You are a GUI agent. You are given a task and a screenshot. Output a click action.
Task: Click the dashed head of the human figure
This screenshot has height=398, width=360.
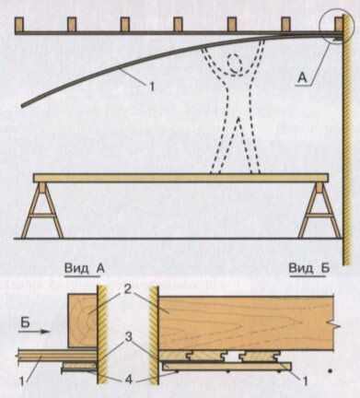[x=236, y=64]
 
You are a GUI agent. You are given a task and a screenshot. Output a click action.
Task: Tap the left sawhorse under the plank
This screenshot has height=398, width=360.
[x=43, y=210]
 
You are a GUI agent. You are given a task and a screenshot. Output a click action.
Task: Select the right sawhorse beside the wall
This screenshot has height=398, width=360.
[x=319, y=210]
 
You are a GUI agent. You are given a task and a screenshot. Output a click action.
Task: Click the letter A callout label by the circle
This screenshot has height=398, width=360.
[x=302, y=78]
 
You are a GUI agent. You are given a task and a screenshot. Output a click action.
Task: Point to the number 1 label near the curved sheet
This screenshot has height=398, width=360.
[x=151, y=86]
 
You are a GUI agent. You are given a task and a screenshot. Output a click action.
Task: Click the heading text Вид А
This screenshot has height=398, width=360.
[x=85, y=268]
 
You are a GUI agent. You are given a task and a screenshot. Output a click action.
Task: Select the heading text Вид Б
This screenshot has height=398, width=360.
[x=309, y=268]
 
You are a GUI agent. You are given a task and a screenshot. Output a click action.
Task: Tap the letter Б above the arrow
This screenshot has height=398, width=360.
[x=26, y=322]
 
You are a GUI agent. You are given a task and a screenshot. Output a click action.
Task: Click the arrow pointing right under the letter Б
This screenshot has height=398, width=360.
[x=34, y=332]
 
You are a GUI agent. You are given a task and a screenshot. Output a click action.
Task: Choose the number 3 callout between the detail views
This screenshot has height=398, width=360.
[x=129, y=337]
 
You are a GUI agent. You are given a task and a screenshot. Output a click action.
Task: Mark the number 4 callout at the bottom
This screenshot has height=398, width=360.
[x=129, y=380]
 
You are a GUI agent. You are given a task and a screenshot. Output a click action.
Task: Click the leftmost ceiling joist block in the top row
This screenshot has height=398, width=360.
[x=19, y=24]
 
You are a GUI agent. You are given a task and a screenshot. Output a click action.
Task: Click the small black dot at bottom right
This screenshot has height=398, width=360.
[x=330, y=371]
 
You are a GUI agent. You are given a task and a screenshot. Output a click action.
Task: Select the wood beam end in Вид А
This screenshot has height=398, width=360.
[x=82, y=321]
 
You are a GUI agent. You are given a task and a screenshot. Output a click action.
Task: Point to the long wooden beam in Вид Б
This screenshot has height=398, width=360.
[x=246, y=322]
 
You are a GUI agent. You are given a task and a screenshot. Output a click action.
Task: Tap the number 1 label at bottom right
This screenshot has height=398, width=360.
[x=305, y=381]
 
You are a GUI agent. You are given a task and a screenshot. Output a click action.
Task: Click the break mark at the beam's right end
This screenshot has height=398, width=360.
[x=334, y=323]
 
